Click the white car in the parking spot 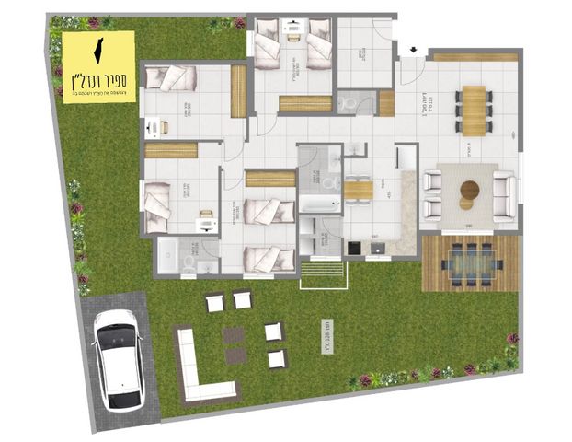[x=119, y=359]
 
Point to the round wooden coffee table [x=469, y=192]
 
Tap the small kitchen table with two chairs [x=359, y=190]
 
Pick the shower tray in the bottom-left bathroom [x=167, y=256]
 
